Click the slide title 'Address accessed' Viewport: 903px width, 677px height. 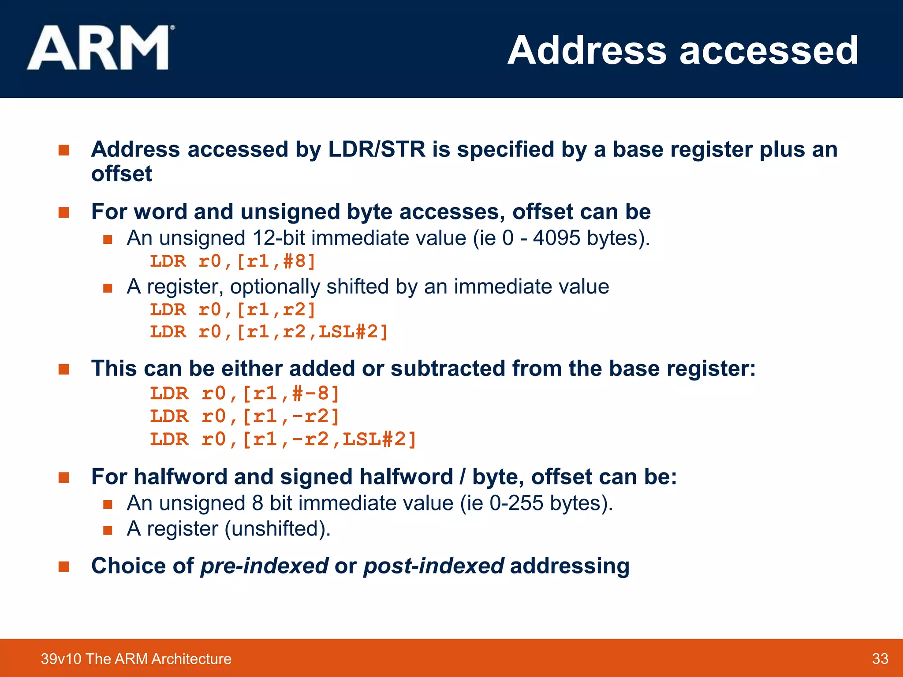click(683, 50)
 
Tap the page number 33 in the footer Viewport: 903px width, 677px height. click(880, 658)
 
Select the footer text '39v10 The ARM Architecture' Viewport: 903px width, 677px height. click(136, 658)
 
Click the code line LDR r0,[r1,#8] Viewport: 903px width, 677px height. click(233, 261)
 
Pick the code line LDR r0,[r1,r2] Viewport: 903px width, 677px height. click(233, 310)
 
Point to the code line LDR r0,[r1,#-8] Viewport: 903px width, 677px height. click(245, 394)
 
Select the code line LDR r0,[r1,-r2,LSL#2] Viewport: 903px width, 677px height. click(283, 439)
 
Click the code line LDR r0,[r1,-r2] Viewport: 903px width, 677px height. click(245, 417)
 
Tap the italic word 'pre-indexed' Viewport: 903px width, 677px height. click(264, 566)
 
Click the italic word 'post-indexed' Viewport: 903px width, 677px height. click(433, 566)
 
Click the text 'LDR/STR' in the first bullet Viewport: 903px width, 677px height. click(377, 149)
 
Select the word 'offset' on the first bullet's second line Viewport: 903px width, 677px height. click(121, 174)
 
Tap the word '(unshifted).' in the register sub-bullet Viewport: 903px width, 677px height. click(277, 528)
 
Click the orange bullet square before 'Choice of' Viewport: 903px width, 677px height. click(64, 566)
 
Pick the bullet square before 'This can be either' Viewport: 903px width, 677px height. click(64, 369)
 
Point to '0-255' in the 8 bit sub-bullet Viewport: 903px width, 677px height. click(516, 503)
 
